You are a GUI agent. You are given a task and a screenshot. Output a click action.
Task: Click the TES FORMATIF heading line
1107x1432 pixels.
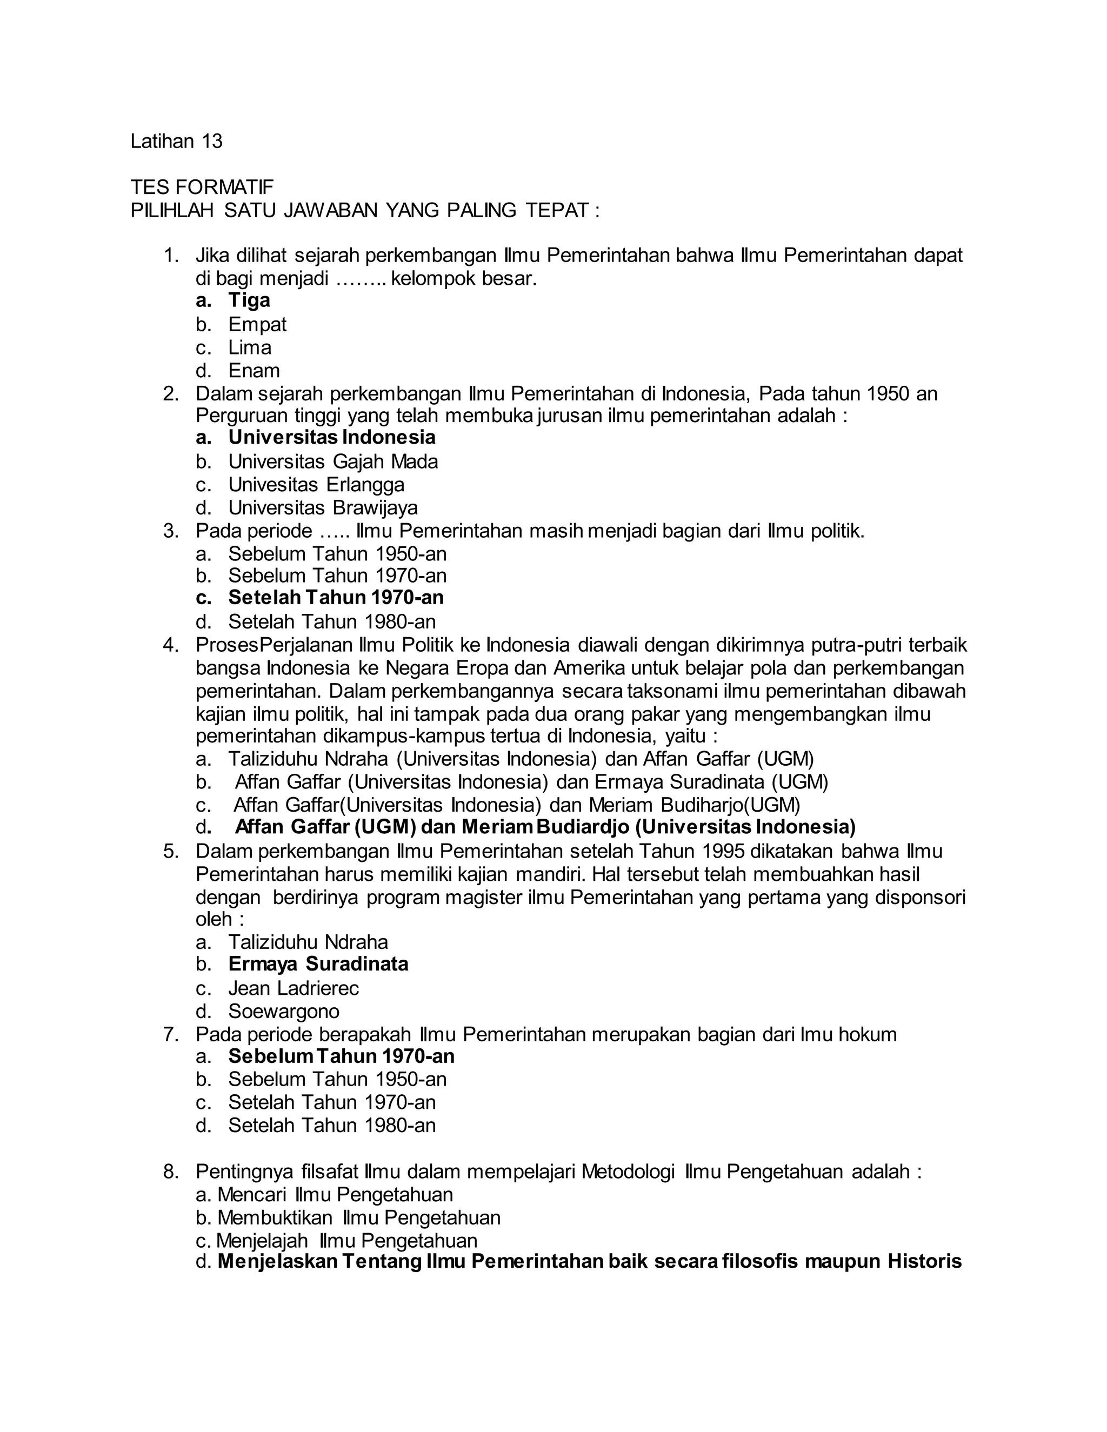pos(202,188)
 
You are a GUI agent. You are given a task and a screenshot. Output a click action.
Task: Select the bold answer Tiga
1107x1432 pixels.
pos(249,300)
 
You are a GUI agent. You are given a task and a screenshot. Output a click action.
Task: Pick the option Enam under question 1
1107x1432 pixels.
pos(254,371)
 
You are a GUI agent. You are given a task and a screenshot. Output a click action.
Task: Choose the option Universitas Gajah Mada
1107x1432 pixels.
pos(332,461)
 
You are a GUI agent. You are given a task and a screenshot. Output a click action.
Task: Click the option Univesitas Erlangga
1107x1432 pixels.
pos(316,485)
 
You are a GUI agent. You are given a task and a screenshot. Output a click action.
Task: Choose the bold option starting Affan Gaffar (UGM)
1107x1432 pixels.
pos(544,827)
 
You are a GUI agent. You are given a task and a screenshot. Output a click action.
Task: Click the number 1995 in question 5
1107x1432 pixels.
pos(723,851)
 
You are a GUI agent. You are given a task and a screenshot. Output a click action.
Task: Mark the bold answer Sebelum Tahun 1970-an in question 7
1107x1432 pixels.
pos(341,1056)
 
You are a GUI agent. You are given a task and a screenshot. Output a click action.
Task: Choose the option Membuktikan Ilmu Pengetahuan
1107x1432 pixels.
pos(358,1217)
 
